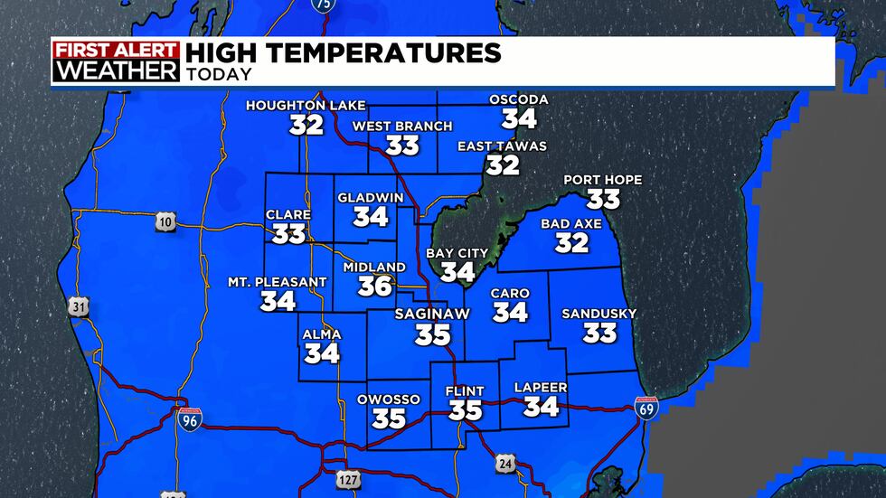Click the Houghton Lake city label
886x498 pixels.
(306, 106)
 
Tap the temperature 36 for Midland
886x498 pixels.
(376, 286)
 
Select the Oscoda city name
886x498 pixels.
(518, 99)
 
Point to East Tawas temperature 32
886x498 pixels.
(503, 164)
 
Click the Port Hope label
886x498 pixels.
(602, 180)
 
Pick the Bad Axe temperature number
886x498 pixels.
(572, 242)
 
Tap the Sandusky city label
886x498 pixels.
(599, 314)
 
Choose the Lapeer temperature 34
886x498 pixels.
(541, 407)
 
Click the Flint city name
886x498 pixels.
(466, 391)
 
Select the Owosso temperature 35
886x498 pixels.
(389, 418)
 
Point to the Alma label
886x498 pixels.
(322, 334)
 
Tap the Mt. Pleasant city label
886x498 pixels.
(277, 282)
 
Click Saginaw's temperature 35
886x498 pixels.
(433, 334)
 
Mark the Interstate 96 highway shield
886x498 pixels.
(188, 418)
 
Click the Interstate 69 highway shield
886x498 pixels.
(646, 408)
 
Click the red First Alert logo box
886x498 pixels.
(116, 51)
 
